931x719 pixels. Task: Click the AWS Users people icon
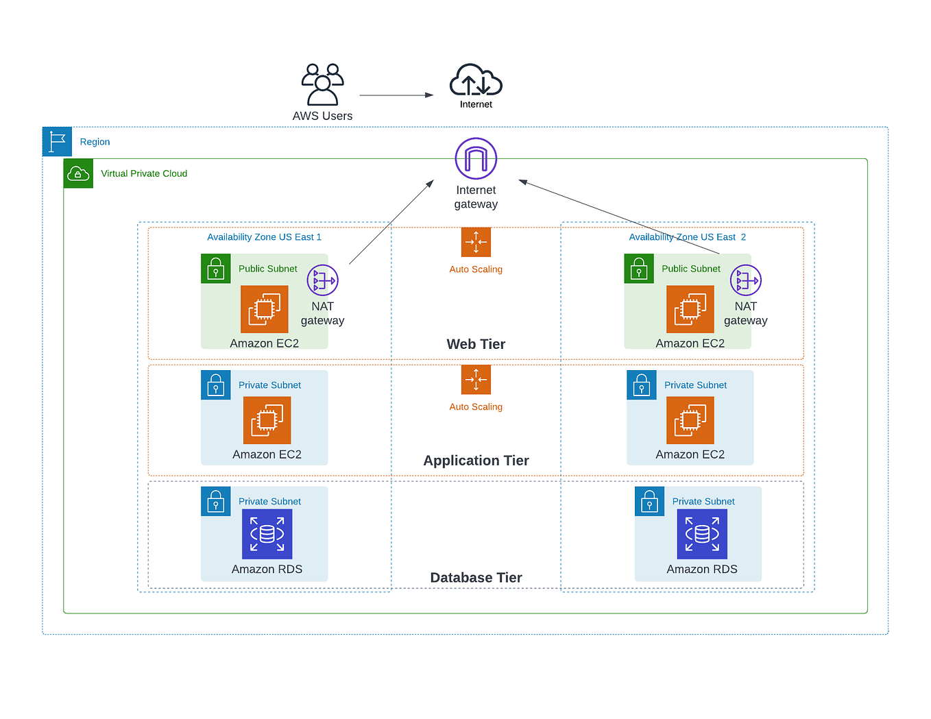(x=322, y=84)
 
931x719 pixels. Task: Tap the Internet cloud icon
(x=476, y=81)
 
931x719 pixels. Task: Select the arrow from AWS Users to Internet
(x=396, y=95)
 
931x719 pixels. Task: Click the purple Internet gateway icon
(x=476, y=158)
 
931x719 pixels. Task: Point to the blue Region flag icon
(x=57, y=142)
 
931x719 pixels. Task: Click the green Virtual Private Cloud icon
(x=78, y=174)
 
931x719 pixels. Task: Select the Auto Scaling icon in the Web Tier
(x=476, y=242)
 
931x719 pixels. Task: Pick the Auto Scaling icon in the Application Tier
(x=476, y=380)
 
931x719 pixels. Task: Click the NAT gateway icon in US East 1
(x=322, y=280)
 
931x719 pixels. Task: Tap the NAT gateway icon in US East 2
(x=745, y=280)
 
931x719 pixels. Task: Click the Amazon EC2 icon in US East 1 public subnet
(x=265, y=309)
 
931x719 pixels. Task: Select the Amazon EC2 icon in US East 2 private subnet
(x=690, y=420)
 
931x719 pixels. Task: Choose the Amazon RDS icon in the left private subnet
(x=267, y=534)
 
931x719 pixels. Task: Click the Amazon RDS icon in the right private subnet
(x=702, y=534)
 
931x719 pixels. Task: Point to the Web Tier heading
(x=476, y=344)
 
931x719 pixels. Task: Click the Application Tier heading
(x=476, y=461)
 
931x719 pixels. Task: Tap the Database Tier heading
(x=476, y=578)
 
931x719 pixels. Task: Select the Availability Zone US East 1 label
(x=264, y=237)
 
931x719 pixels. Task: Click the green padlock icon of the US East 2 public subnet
(x=639, y=269)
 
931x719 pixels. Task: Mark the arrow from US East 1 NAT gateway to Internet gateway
(x=391, y=223)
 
